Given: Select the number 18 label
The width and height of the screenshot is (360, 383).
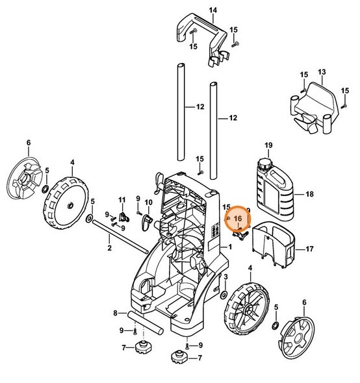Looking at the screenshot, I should tap(309, 194).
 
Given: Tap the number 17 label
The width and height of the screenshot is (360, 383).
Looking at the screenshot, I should tap(309, 248).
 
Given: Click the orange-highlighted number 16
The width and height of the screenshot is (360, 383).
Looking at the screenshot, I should tap(238, 220).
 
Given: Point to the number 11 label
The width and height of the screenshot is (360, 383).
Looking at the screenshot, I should tap(121, 198).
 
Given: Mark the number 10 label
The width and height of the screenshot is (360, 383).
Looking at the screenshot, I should tap(148, 203).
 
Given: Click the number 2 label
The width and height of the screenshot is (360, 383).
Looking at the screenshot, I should tap(109, 247).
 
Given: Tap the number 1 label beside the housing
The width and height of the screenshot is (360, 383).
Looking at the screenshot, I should tap(229, 248).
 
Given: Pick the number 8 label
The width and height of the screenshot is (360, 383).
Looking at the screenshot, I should tap(115, 313).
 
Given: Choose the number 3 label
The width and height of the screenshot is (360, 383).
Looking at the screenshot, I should tap(225, 277).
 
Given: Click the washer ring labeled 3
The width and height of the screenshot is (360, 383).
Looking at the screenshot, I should tap(224, 295).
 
